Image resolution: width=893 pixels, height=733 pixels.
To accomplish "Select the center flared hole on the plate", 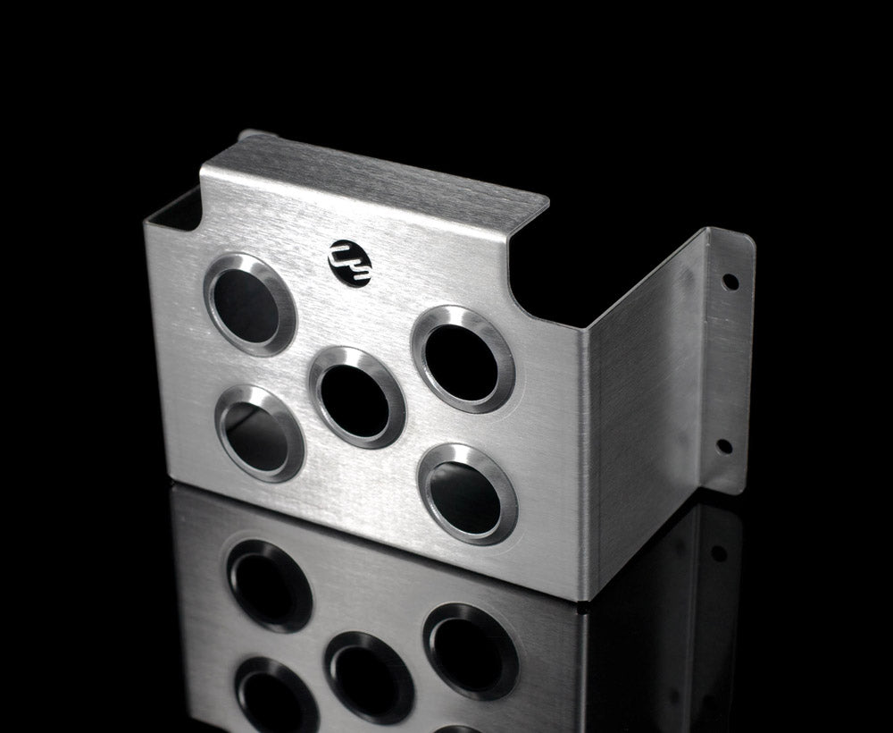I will tap(356, 396).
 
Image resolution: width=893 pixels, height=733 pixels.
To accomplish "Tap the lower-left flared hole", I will tap(260, 433).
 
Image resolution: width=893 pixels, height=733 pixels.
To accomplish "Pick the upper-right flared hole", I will tap(463, 358).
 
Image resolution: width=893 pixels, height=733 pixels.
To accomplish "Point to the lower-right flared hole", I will tap(467, 493).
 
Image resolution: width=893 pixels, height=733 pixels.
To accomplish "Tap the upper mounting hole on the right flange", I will tap(730, 281).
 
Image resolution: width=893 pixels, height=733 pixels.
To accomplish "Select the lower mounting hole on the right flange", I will tap(723, 445).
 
